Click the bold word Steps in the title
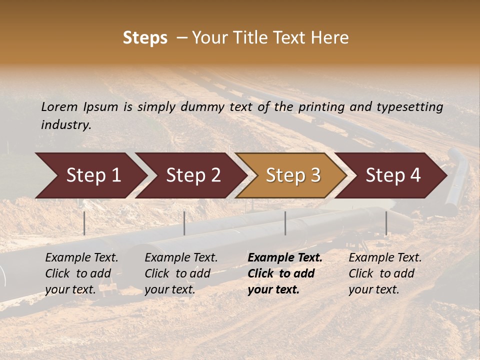pyautogui.click(x=145, y=38)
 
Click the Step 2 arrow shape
pyautogui.click(x=190, y=175)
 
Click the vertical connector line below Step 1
pyautogui.click(x=84, y=223)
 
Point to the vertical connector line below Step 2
pyautogui.click(x=184, y=223)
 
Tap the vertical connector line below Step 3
pyautogui.click(x=285, y=223)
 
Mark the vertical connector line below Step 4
pyautogui.click(x=386, y=223)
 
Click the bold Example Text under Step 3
pyautogui.click(x=285, y=273)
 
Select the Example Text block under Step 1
pyautogui.click(x=81, y=273)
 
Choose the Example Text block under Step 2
pyautogui.click(x=181, y=273)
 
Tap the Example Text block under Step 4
pyautogui.click(x=385, y=273)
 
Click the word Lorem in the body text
pyautogui.click(x=59, y=106)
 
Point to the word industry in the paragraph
pyautogui.click(x=66, y=124)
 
